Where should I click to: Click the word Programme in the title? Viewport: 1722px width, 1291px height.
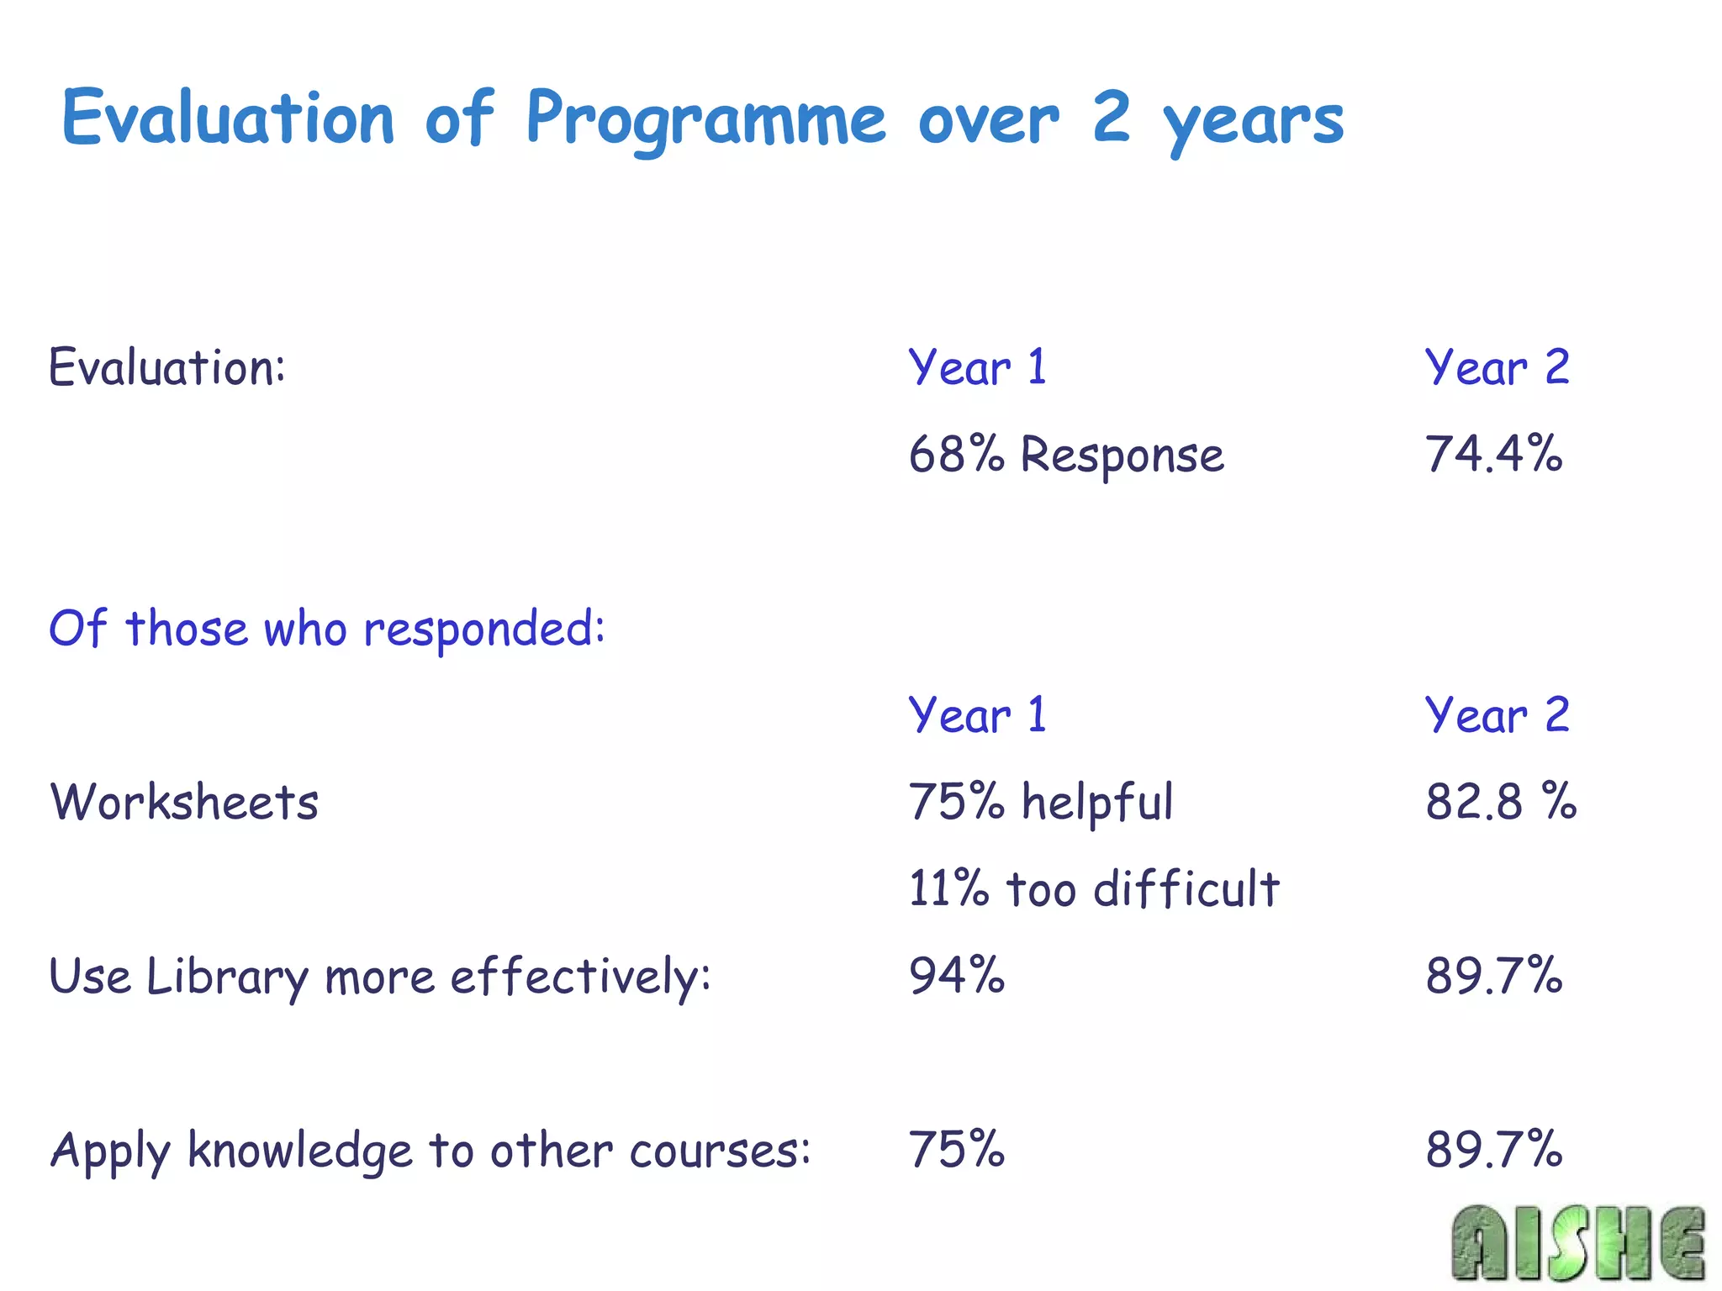(705, 119)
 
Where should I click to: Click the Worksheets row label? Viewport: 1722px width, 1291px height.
(184, 802)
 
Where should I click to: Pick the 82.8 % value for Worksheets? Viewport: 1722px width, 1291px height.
(1500, 801)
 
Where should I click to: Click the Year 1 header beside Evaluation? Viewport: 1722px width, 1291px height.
(977, 367)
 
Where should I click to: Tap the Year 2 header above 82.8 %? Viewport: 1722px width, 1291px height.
(1497, 715)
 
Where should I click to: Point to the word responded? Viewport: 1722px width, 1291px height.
(483, 630)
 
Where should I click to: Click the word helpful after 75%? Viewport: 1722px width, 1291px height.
(1096, 802)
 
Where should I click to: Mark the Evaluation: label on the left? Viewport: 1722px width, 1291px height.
(167, 367)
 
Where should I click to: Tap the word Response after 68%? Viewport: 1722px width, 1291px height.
(1122, 456)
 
